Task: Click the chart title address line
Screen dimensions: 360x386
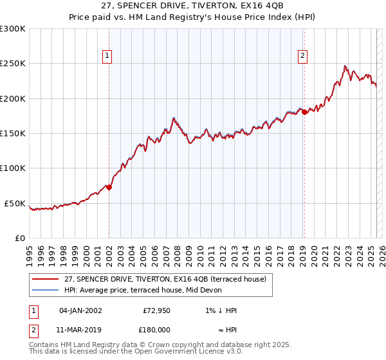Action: click(192, 6)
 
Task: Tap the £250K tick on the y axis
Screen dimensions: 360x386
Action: click(13, 64)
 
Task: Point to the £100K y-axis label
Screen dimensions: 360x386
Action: click(13, 168)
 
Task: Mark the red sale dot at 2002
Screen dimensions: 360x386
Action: click(109, 188)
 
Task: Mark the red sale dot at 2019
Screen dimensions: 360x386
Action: click(304, 112)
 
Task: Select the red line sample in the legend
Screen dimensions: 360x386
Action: click(45, 279)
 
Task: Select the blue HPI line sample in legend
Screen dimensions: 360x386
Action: click(45, 290)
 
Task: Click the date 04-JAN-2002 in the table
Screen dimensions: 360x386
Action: click(80, 310)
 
